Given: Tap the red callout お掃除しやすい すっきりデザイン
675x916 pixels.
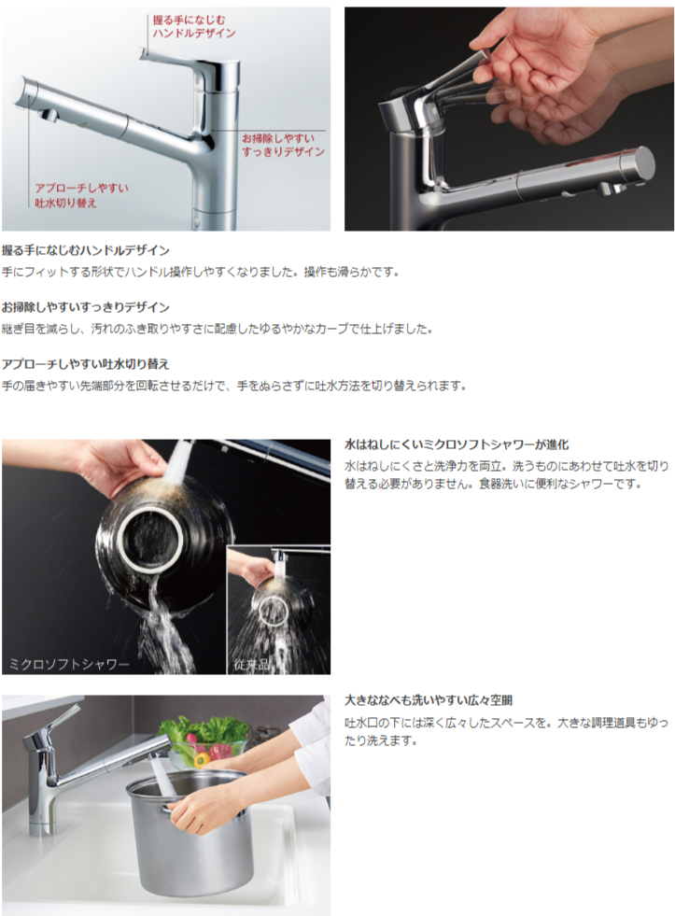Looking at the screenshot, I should coord(283,144).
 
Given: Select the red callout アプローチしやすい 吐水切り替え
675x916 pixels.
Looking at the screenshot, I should coord(81,195).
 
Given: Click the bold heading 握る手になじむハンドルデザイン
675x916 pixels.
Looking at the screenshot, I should coord(86,250).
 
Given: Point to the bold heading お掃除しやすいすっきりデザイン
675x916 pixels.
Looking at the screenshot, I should coord(86,306).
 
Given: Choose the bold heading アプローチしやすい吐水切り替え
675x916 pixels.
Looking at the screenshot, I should coord(86,363).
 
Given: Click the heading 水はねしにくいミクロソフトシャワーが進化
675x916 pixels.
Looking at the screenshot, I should coord(457,444).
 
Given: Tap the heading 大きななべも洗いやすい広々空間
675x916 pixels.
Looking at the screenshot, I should coord(429,699).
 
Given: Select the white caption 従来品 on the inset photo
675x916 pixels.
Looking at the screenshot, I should coord(252,665).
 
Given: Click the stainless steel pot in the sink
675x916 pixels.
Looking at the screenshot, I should coord(191,831).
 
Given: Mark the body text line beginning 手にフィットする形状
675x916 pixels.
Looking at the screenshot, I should coord(200,272).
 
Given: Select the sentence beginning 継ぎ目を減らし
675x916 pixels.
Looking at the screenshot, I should coord(218,329).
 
